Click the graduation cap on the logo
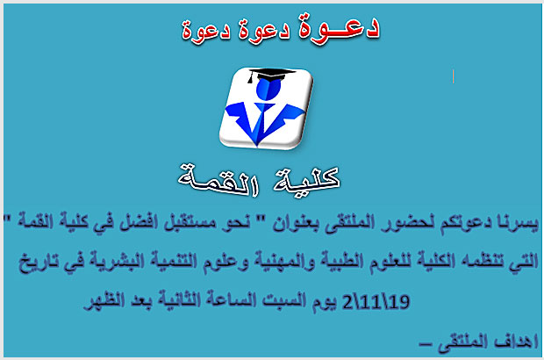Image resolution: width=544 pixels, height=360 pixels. point(270,75)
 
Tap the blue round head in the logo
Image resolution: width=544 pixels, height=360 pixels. point(268,88)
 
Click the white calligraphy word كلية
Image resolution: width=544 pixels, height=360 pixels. point(306,179)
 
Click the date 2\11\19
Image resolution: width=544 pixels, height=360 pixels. point(376,302)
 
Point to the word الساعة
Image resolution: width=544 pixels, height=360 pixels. point(231,299)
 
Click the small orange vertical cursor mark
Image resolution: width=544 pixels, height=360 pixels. point(453,76)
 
